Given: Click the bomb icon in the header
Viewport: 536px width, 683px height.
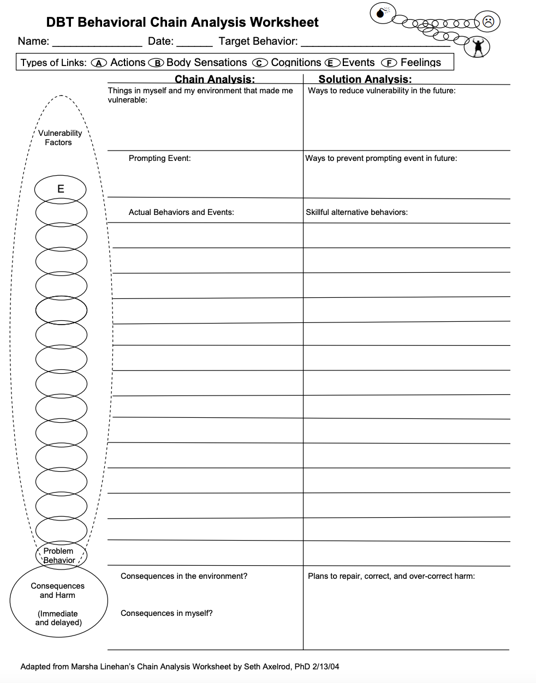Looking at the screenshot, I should coord(382,13).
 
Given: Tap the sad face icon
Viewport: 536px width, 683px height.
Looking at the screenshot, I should coord(488,22).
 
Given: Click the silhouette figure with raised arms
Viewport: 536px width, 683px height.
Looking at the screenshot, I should coord(478,47).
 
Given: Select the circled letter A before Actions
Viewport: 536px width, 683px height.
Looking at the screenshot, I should coord(99,63).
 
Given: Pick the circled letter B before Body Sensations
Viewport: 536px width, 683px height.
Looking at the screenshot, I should coord(156,63).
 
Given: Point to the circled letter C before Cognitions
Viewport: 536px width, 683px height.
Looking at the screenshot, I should coord(260,63).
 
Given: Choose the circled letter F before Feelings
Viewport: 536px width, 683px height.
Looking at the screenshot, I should coord(389,63).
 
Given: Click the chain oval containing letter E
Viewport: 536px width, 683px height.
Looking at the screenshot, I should coord(61,189).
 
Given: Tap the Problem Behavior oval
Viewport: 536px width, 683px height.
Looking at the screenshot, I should coord(59,555).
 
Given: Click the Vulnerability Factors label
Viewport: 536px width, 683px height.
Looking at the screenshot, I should coord(59,137).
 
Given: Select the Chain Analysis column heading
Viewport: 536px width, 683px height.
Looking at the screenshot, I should coord(215,79).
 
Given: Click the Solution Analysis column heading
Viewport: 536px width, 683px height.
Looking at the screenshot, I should coord(365,79).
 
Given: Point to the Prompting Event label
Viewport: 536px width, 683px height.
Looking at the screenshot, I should coord(159,158).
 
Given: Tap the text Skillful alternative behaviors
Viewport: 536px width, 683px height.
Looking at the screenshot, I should coord(356,212).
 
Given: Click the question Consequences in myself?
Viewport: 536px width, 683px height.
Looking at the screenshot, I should coord(166,613).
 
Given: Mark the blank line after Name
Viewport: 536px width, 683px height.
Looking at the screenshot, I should coord(97,44).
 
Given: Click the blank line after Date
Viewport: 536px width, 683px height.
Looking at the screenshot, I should coord(194,44).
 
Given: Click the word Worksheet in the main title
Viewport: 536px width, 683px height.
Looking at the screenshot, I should coord(284,22).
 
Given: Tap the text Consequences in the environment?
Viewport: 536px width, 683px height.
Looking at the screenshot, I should coord(184,576).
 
